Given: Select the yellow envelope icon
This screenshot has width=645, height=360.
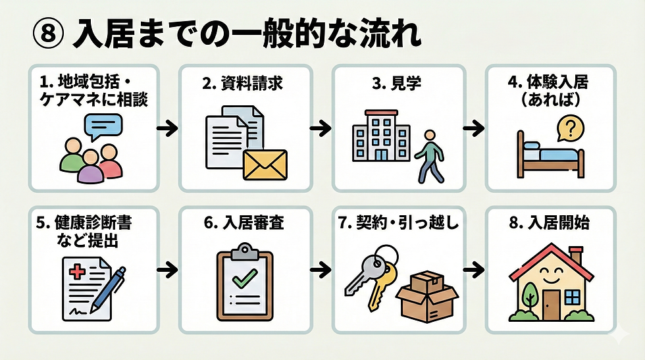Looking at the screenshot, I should click(265, 164).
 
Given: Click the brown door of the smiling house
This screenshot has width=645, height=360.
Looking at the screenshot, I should click(551, 302).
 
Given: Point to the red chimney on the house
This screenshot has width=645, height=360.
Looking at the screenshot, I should click(575, 253).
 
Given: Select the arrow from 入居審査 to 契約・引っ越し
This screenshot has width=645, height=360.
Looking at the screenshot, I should click(321, 269).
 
